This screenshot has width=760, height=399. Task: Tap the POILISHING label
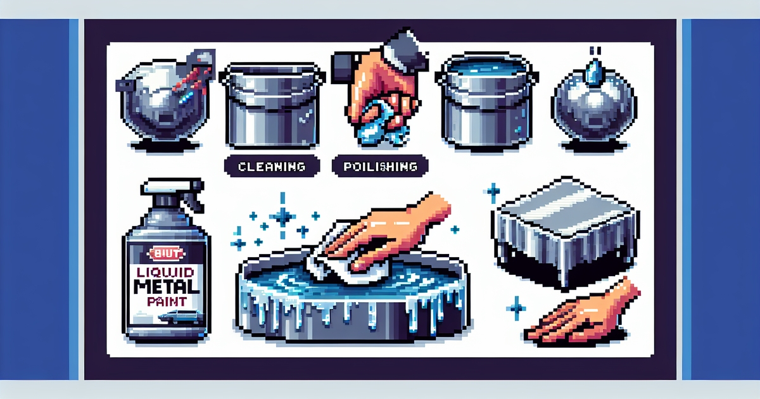(x=379, y=167)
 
